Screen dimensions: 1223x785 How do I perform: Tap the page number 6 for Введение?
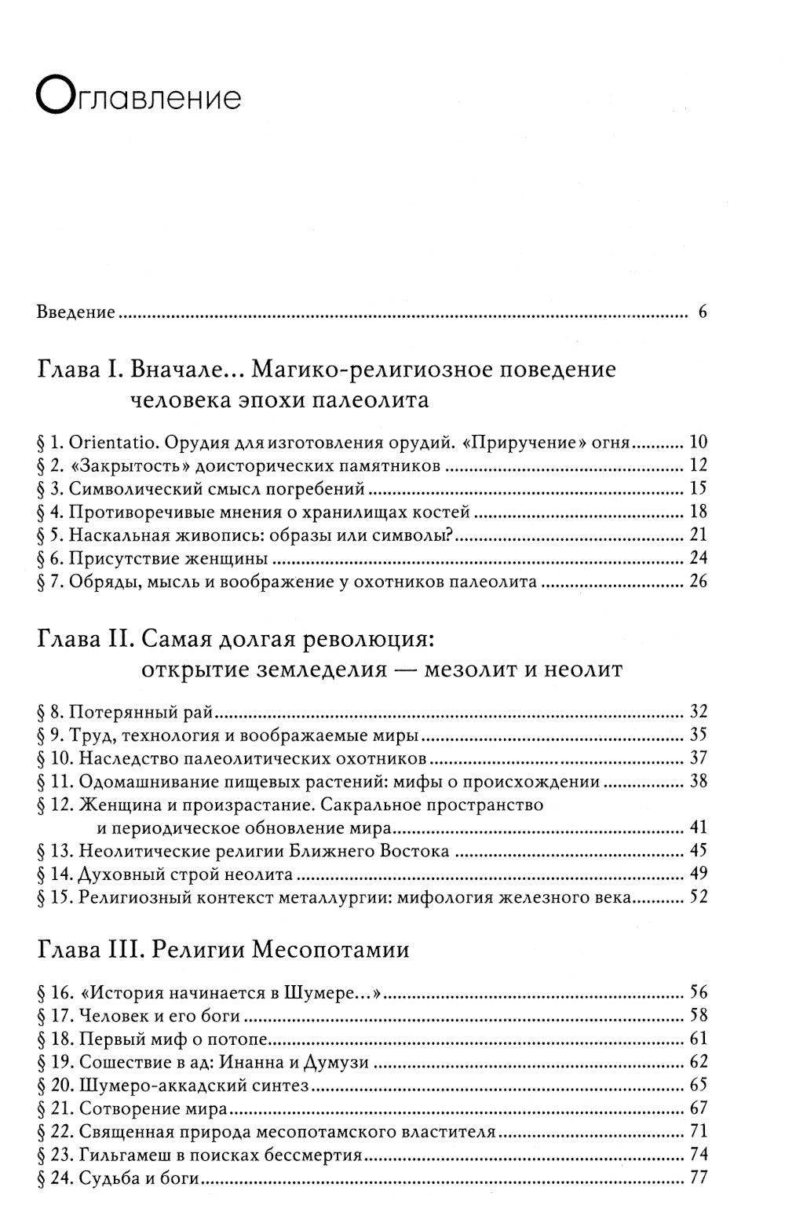point(702,312)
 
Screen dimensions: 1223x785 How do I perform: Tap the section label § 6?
point(49,559)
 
